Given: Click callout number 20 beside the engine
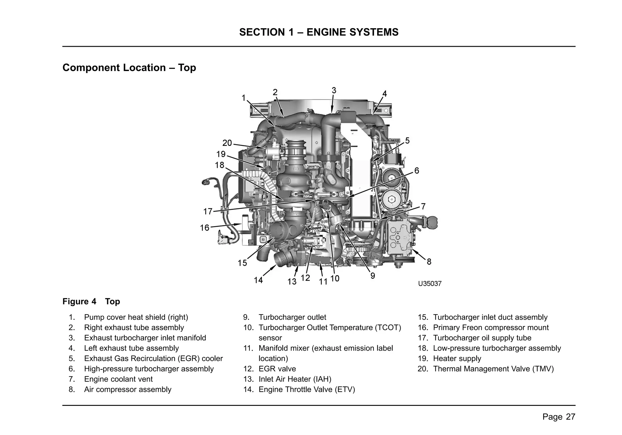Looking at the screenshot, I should pyautogui.click(x=227, y=143).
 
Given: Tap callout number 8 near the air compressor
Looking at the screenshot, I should pyautogui.click(x=429, y=261).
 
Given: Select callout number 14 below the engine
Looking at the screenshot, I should pyautogui.click(x=258, y=280).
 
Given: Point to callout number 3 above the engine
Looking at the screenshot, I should pyautogui.click(x=334, y=90).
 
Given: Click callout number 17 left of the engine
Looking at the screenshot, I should pyautogui.click(x=208, y=211).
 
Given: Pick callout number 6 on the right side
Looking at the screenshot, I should pyautogui.click(x=417, y=171).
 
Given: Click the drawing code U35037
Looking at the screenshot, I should pyautogui.click(x=429, y=284).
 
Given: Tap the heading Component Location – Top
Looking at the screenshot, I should pyautogui.click(x=129, y=67).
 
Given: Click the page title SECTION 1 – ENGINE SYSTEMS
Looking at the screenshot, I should pyautogui.click(x=319, y=32).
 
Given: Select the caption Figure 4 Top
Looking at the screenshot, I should pyautogui.click(x=91, y=301).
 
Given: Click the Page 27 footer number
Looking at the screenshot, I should pyautogui.click(x=559, y=417).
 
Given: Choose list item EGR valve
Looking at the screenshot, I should pyautogui.click(x=277, y=369).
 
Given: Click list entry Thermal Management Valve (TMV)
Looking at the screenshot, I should pyautogui.click(x=493, y=369).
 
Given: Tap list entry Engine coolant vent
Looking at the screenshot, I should pyautogui.click(x=118, y=379).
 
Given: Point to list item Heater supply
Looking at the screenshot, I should pyautogui.click(x=457, y=358).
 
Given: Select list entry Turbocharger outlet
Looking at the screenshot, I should pyautogui.click(x=292, y=317).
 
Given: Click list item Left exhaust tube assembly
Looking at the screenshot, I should pyautogui.click(x=131, y=348).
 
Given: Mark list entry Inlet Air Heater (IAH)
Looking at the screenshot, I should pyautogui.click(x=295, y=379).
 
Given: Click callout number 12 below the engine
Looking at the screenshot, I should pyautogui.click(x=305, y=278).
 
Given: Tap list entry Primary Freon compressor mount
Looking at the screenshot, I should pyautogui.click(x=490, y=327).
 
